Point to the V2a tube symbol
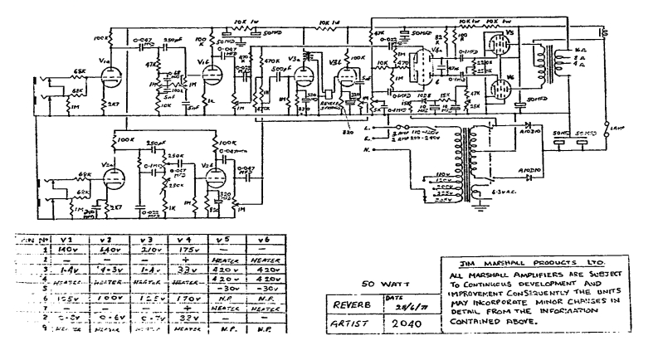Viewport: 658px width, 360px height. coord(115,178)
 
